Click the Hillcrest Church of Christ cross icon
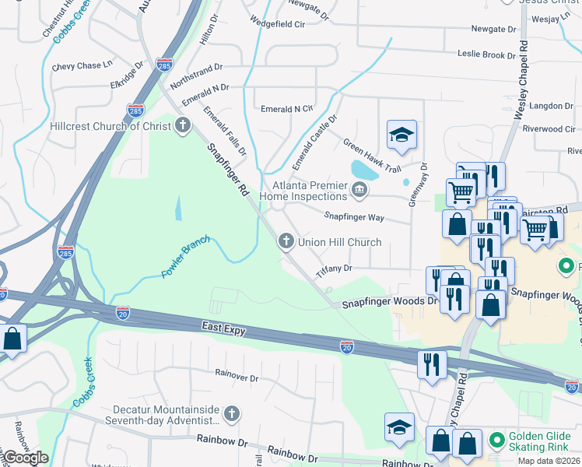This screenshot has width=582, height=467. [183, 125]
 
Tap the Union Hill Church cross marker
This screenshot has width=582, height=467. [286, 242]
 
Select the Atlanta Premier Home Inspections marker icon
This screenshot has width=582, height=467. [359, 189]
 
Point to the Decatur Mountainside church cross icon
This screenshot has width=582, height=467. [231, 415]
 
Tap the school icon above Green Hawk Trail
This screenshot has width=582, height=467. [401, 135]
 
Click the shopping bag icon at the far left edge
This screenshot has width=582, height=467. [12, 339]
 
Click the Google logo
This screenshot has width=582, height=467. [26, 458]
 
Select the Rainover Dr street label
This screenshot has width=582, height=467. [237, 377]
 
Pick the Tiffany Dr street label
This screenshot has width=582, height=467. [335, 269]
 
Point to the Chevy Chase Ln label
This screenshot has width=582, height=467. [82, 67]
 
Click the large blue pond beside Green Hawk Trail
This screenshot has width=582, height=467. [364, 169]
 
